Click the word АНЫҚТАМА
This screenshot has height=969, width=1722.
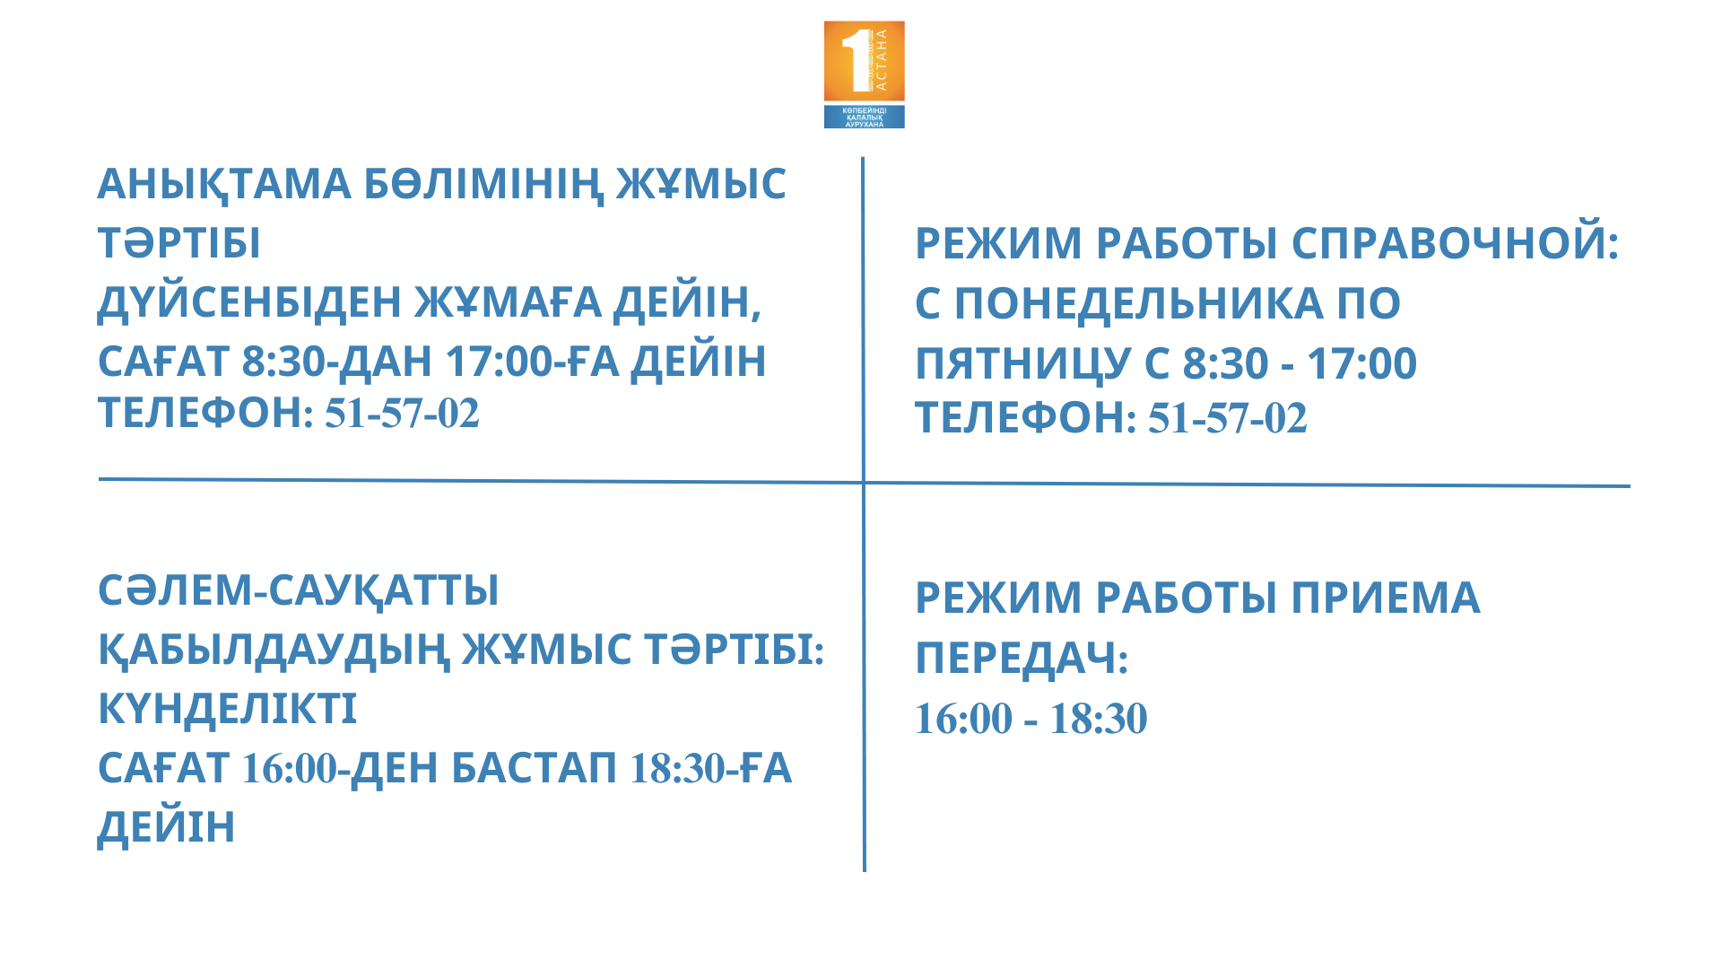224,186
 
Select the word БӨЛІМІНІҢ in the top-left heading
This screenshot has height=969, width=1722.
483,186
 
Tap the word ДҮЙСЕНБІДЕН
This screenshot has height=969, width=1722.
249,301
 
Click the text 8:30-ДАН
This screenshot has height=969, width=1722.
337,362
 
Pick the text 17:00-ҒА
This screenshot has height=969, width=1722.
532,362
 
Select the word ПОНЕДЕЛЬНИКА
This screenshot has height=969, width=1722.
1139,303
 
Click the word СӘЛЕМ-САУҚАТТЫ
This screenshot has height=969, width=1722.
299,590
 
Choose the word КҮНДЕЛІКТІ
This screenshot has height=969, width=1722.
227,709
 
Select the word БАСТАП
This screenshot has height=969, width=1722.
534,768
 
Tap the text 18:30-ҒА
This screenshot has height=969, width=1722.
711,768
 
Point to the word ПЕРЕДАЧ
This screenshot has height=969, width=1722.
1022,659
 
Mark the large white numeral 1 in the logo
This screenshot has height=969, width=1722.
857,60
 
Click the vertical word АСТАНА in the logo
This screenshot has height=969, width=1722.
881,60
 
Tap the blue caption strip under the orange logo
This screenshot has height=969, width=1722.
865,117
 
